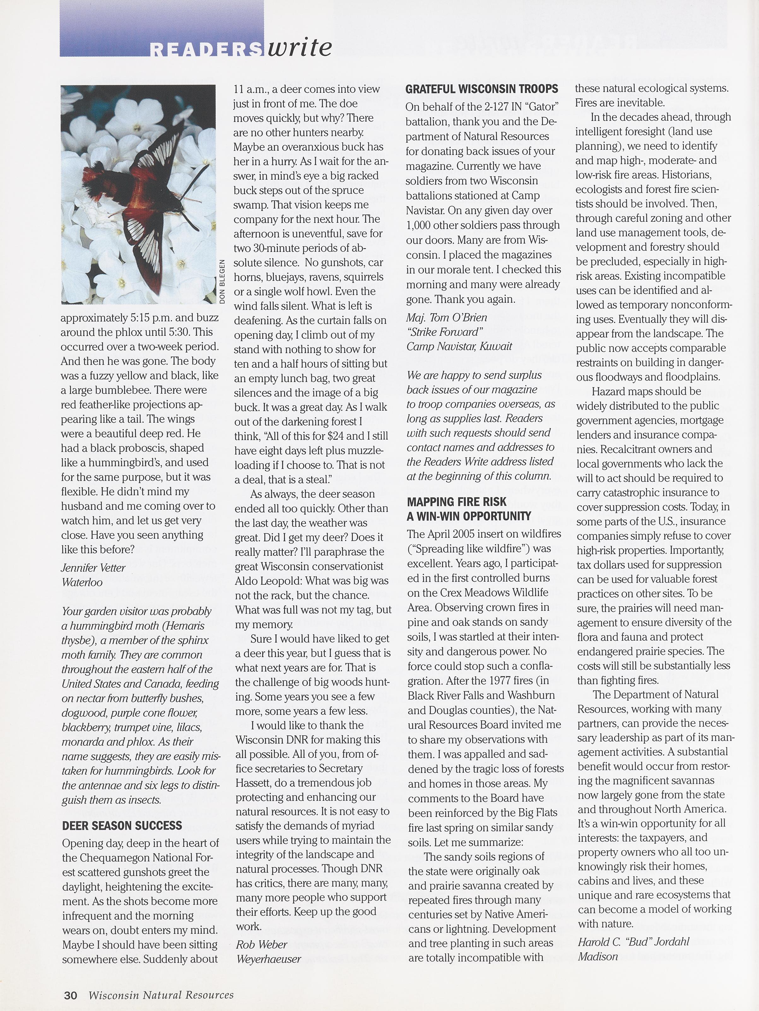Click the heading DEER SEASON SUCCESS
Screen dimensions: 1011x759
[122, 826]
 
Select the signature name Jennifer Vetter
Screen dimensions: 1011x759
[93, 568]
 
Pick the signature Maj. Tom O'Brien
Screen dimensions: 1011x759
[446, 317]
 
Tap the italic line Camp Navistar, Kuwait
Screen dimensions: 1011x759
[459, 346]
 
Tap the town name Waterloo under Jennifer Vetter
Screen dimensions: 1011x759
[82, 582]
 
